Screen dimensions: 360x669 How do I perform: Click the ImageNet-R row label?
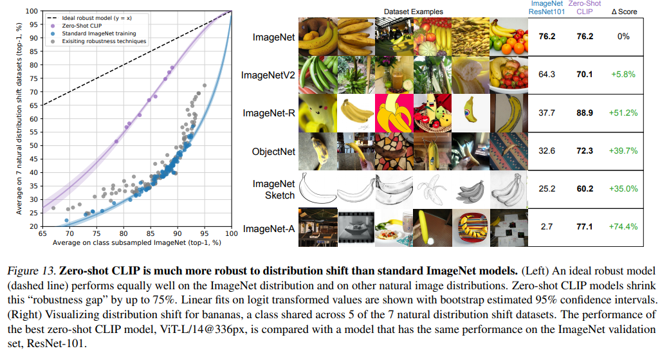tap(268, 113)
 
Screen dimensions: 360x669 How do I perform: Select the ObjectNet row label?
tap(273, 152)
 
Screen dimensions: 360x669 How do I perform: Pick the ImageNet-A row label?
tap(268, 227)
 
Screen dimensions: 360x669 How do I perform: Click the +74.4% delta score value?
tap(623, 227)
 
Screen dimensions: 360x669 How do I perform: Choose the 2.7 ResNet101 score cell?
tap(547, 227)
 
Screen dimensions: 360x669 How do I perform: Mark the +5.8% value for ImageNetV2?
tap(623, 75)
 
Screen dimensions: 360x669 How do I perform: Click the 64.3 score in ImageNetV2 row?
tap(547, 75)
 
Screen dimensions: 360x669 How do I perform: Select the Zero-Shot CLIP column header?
tap(585, 8)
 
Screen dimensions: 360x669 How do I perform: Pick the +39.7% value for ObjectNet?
tap(623, 152)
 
